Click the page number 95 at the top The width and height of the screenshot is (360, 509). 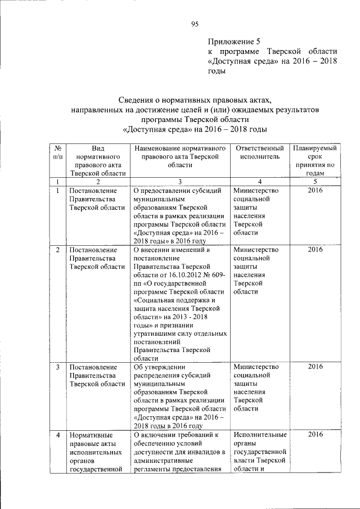(x=195, y=23)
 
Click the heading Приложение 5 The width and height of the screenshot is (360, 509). (x=235, y=41)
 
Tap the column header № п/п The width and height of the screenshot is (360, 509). (x=57, y=152)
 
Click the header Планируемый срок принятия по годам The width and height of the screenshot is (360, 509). (x=316, y=161)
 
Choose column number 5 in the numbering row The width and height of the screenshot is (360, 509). (x=316, y=182)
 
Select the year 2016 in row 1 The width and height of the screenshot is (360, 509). (x=316, y=191)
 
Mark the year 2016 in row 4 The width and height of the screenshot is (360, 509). (x=316, y=434)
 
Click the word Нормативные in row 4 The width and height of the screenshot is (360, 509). (x=92, y=435)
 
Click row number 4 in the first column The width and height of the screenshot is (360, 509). (x=58, y=435)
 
